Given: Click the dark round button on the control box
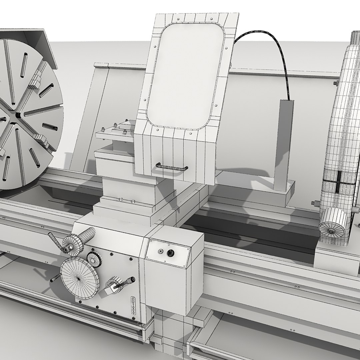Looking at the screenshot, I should coord(171,253).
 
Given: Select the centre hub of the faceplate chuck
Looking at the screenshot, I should coord(17,114).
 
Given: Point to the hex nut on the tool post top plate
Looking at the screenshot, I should coord(103,130).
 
